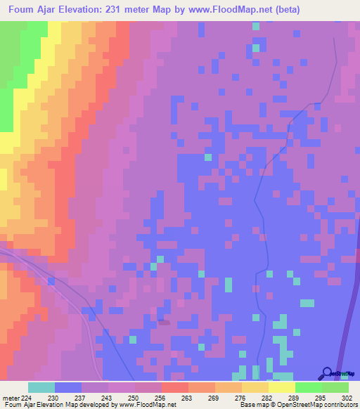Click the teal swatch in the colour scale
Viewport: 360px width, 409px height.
(x=41, y=387)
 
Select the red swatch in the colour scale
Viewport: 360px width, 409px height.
(x=175, y=387)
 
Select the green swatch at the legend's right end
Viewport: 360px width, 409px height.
(x=335, y=387)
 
